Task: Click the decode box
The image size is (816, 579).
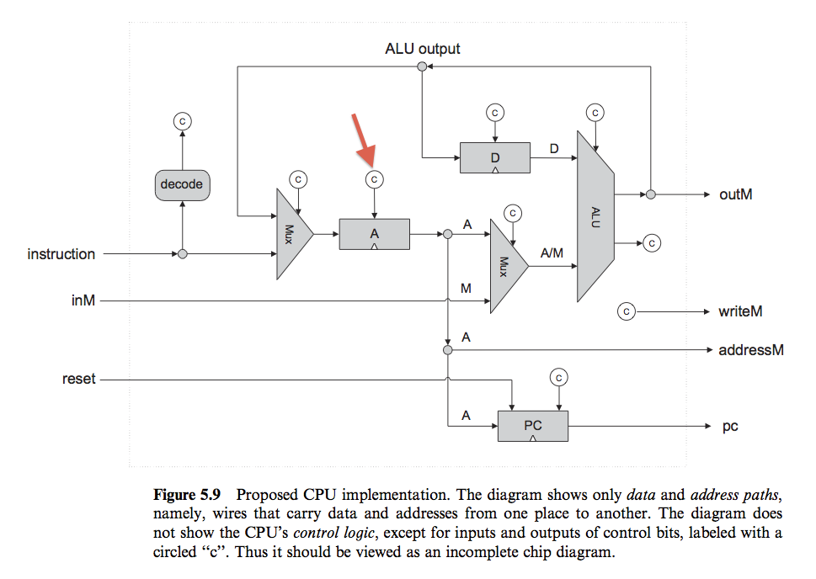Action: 182,184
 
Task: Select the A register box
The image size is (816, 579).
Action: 374,234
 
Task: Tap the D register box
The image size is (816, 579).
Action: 495,157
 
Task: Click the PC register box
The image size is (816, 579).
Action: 533,426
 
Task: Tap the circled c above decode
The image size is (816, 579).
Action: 182,121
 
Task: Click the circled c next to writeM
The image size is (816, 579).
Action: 626,311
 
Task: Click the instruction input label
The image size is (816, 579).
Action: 61,254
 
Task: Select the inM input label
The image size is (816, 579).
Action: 83,300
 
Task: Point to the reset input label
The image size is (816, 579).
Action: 79,380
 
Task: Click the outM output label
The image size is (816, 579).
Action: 735,194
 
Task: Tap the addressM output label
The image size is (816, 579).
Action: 750,349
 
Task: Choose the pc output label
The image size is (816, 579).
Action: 730,427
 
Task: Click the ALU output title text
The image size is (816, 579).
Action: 422,49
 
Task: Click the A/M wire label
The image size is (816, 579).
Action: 552,253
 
